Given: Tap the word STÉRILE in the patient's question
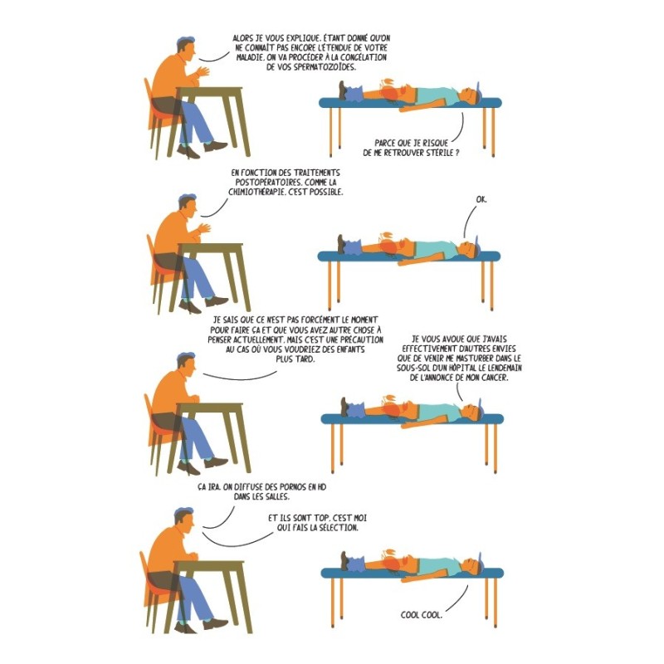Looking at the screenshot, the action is [x=439, y=153].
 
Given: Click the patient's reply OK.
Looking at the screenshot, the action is [x=481, y=199].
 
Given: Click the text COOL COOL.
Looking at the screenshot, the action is [x=422, y=614].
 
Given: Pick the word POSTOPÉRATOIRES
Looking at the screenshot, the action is [x=265, y=182].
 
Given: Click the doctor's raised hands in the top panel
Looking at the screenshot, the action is [x=202, y=71].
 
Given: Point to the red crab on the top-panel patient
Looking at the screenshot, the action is [x=388, y=90].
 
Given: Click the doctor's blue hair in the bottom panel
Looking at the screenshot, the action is [x=183, y=511].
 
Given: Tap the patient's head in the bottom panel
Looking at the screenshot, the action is [x=472, y=564].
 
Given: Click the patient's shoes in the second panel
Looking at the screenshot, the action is [x=341, y=244].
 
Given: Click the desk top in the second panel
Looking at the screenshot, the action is [x=210, y=246].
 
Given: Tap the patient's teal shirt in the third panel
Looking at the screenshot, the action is [x=441, y=412].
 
